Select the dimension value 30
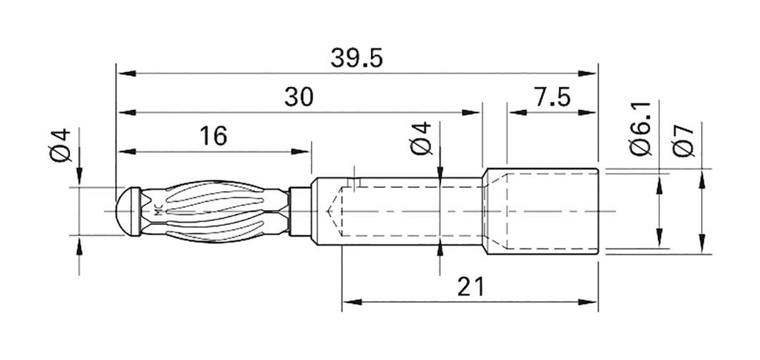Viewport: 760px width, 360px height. [x=299, y=97]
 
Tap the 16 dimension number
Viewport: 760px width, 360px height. [x=212, y=136]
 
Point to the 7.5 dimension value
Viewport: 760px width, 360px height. [x=551, y=97]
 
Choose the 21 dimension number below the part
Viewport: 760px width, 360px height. [x=469, y=287]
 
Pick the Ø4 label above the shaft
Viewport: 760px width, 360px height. [x=422, y=138]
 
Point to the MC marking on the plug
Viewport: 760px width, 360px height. [x=157, y=211]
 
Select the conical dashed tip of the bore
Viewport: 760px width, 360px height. [x=334, y=212]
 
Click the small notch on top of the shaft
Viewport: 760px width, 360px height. [x=355, y=181]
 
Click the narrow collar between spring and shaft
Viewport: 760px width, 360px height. [x=298, y=212]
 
